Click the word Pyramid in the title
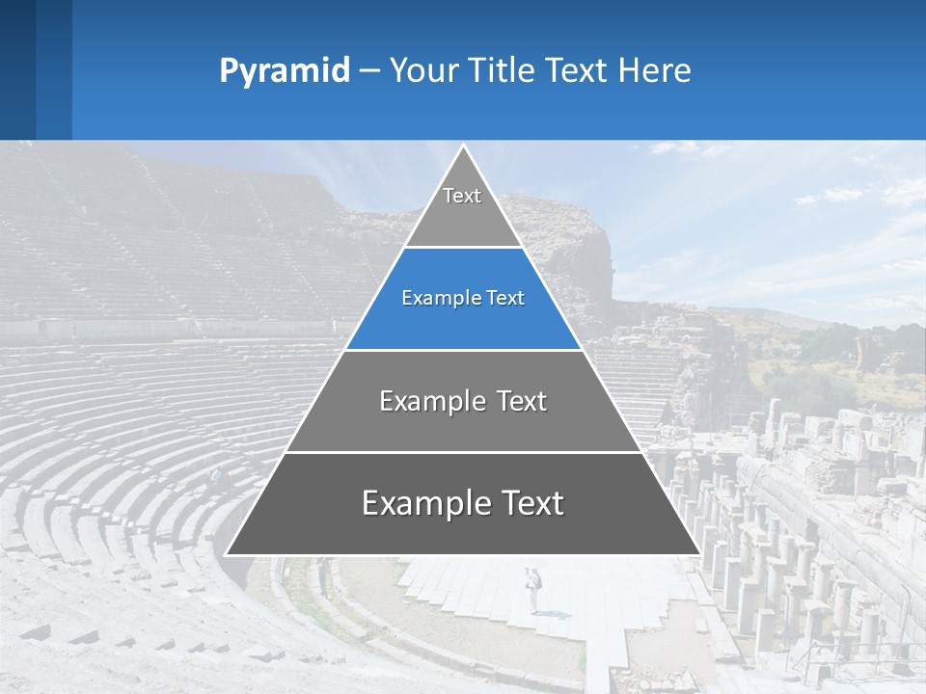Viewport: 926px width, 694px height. point(285,71)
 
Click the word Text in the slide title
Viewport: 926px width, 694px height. point(579,71)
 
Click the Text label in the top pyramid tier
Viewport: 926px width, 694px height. point(462,196)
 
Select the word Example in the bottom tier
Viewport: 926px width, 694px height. point(423,503)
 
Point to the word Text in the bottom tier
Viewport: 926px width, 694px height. point(531,503)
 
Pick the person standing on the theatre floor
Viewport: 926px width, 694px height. point(533,588)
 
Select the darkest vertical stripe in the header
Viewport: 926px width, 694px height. point(17,69)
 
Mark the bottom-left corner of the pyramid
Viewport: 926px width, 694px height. point(228,553)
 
